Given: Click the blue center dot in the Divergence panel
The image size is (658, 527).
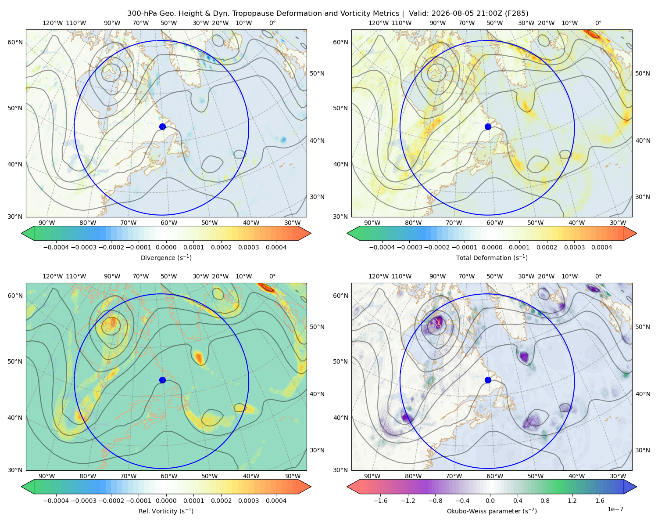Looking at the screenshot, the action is tap(162, 126).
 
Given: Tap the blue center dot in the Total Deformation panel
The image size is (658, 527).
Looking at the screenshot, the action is tap(488, 126).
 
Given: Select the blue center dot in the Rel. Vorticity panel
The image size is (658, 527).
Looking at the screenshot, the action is tap(162, 380).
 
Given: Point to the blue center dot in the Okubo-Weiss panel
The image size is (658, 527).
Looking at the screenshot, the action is tap(488, 380).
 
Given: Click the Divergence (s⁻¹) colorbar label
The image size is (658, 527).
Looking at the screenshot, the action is tap(166, 257).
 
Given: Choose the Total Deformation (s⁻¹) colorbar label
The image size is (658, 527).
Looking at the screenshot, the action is tap(492, 257).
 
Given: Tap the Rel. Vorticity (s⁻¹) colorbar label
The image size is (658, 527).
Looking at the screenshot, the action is tap(166, 511).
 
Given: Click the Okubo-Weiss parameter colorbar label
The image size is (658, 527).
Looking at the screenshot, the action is tap(492, 511).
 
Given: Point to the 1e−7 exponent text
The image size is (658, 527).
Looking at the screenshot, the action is tap(615, 509).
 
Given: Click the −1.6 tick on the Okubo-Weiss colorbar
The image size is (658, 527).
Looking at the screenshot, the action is tap(380, 501).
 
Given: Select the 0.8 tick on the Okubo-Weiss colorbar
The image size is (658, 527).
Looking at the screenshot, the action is tap(545, 501).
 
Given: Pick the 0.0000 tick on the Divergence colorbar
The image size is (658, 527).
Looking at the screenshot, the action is tap(166, 247).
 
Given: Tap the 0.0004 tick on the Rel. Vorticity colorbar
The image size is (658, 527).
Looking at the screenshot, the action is tap(276, 501).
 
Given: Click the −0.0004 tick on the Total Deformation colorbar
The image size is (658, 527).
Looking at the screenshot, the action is tap(382, 247).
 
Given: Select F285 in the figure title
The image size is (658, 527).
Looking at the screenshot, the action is tap(516, 14).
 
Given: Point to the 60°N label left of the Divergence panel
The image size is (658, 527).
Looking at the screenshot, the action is tap(15, 42).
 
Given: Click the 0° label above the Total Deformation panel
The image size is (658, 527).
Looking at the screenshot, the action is tap(598, 23).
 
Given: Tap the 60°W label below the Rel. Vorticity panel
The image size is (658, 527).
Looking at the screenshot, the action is tap(169, 476).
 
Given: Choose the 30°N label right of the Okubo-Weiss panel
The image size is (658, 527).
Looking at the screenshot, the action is tap(642, 450).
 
